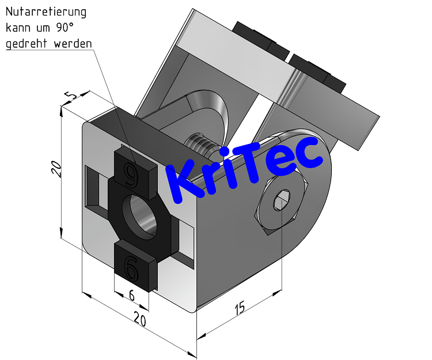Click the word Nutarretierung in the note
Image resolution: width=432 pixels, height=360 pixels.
click(46, 12)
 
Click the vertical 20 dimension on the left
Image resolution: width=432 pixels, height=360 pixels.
click(56, 169)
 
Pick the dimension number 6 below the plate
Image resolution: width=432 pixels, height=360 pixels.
click(131, 295)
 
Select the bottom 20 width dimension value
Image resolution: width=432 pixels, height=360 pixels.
click(139, 320)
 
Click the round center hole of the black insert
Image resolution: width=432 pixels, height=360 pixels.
click(142, 215)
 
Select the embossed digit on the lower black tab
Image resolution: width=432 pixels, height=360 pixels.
click(131, 267)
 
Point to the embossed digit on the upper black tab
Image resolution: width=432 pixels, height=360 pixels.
click(132, 175)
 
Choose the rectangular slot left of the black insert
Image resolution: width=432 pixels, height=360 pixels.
click(96, 188)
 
